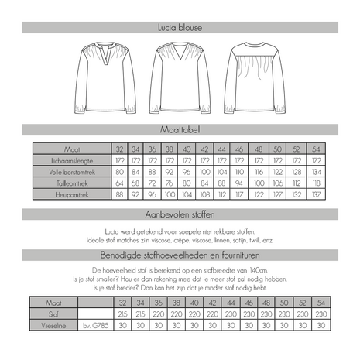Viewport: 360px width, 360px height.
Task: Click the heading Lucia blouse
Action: click(x=180, y=28)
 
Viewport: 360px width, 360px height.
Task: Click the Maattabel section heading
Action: click(x=180, y=132)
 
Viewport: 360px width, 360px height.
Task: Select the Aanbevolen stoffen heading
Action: click(x=180, y=213)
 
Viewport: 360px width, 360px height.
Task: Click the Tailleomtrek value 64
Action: click(x=120, y=184)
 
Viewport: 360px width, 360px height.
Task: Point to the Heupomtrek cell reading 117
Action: click(x=238, y=196)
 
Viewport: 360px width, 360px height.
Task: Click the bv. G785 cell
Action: click(x=95, y=327)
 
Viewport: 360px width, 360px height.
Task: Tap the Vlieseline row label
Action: click(x=52, y=327)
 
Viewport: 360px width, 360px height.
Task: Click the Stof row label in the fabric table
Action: click(x=52, y=315)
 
